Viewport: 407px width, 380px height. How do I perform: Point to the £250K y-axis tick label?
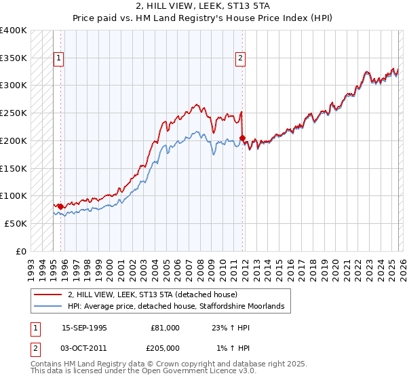click(14, 113)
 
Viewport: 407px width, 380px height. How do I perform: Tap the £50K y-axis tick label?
click(16, 223)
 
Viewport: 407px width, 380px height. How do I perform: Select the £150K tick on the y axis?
click(14, 168)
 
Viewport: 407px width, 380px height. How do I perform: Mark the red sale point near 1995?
click(60, 206)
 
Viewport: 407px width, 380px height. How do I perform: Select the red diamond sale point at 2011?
click(243, 138)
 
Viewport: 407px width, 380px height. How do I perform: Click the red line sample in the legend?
click(48, 295)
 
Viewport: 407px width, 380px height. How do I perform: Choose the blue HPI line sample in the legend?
click(48, 307)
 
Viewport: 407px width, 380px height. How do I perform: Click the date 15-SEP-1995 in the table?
click(84, 328)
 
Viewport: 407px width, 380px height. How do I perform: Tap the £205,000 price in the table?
click(165, 347)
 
